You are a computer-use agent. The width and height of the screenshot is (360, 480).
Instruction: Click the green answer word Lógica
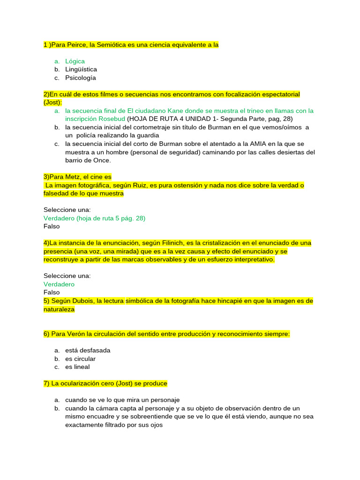coord(75,61)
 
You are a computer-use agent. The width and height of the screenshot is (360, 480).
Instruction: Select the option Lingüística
coord(81,69)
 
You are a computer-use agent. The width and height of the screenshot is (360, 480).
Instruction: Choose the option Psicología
coord(81,78)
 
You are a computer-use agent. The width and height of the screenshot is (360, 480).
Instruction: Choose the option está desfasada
coord(88,351)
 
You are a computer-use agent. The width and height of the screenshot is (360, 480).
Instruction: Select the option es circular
coord(80,359)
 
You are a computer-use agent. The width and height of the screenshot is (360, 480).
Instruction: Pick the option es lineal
coord(77,367)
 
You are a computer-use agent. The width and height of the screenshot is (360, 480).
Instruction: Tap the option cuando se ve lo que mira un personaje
coord(122,400)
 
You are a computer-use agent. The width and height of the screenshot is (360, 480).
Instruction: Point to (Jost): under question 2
coord(52,103)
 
